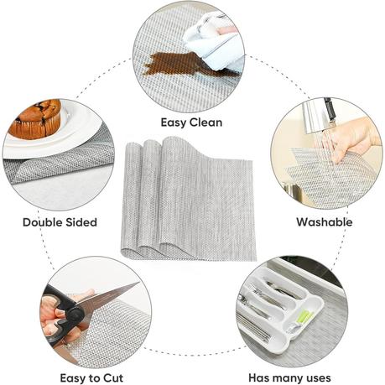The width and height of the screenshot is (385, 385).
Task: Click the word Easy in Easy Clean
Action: [x=174, y=122]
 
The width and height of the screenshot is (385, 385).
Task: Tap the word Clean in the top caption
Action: [x=206, y=122]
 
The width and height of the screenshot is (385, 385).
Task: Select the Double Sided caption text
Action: [x=60, y=222]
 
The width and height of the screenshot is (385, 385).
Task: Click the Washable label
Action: [x=325, y=222]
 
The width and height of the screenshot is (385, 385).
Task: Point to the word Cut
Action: [x=113, y=378]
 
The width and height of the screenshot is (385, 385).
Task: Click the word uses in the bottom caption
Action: [x=316, y=378]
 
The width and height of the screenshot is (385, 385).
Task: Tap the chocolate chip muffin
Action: [x=36, y=119]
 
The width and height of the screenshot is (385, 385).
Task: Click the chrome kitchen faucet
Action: [x=319, y=116]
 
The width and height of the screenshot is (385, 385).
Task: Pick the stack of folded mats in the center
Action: [x=188, y=199]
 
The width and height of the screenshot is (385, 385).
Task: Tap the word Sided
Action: [x=81, y=222]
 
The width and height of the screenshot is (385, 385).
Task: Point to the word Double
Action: [x=43, y=222]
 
